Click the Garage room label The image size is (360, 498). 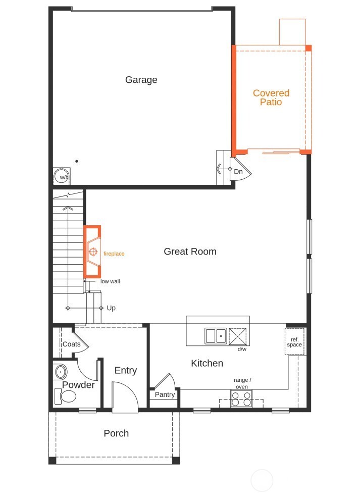tap(141, 80)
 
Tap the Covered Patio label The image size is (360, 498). tap(271, 97)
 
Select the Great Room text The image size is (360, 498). tap(190, 252)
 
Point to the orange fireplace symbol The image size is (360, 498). tap(92, 252)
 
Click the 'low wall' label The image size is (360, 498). tap(110, 281)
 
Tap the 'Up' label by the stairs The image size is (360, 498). tap(111, 308)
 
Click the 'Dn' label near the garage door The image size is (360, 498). tap(238, 172)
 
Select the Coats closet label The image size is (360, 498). tap(72, 344)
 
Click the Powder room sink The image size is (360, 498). tap(61, 372)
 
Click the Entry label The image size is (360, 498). tap(126, 370)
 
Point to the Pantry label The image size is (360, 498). tap(165, 394)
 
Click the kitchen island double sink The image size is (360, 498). tap(216, 336)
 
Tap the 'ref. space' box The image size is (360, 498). tap(294, 342)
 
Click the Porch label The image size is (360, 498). tap(116, 433)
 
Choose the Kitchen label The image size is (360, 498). tap(207, 363)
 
